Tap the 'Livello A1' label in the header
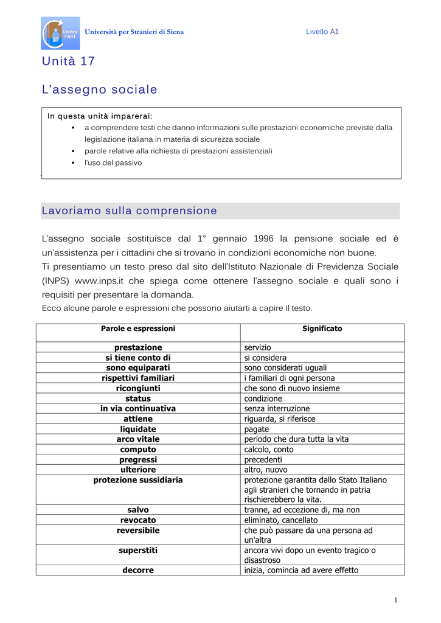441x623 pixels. (322, 32)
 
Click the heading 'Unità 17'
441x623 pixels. (68, 61)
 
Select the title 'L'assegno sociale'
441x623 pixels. (99, 89)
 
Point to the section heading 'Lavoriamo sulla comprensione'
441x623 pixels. (129, 211)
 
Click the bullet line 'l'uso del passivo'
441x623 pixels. (113, 163)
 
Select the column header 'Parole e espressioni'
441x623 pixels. (138, 329)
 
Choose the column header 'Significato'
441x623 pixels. (322, 329)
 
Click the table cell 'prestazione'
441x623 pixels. (138, 347)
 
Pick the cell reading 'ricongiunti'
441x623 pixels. (138, 388)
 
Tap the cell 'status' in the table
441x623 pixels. (138, 399)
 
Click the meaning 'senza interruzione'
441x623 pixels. (277, 409)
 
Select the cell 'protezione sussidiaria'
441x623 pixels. (138, 480)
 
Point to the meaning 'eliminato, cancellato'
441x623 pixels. (280, 520)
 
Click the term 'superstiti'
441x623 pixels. (138, 550)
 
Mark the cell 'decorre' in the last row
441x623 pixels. (138, 570)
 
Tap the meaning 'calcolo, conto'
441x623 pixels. (269, 450)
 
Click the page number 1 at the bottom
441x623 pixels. (395, 600)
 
